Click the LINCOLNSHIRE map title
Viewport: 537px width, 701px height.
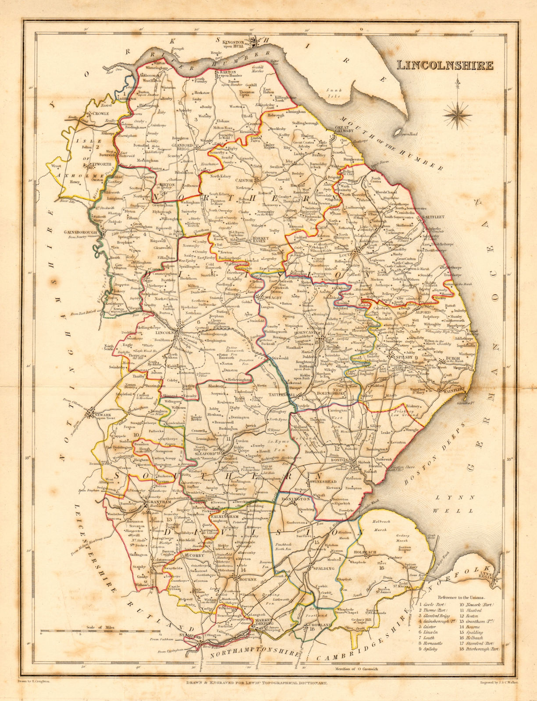point(445,66)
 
